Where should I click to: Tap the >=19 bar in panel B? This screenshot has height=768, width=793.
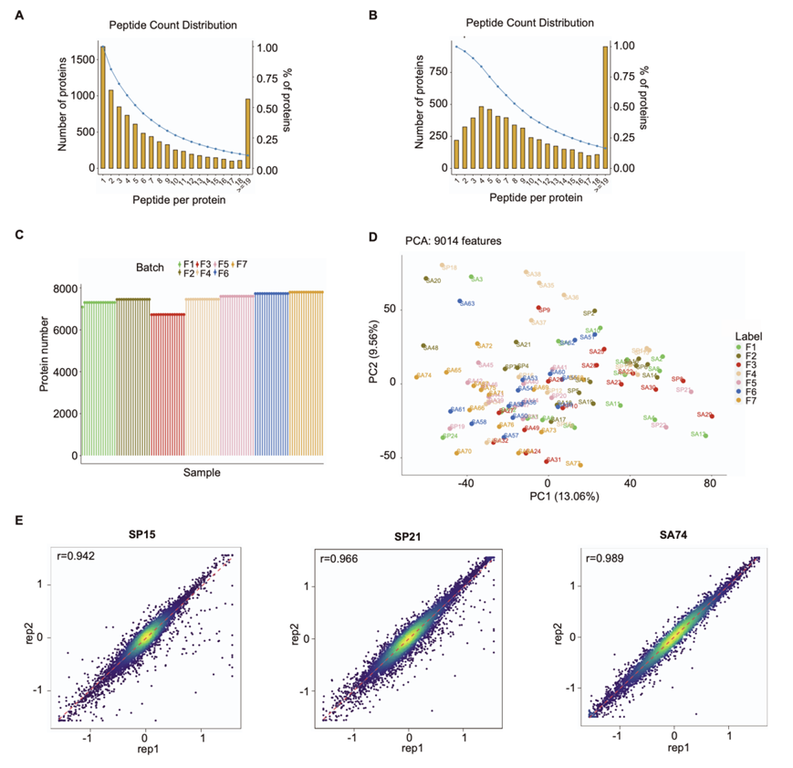pos(603,108)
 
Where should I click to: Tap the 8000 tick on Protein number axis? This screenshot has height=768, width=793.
pos(63,289)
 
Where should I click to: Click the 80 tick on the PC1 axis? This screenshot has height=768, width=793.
pos(710,485)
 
